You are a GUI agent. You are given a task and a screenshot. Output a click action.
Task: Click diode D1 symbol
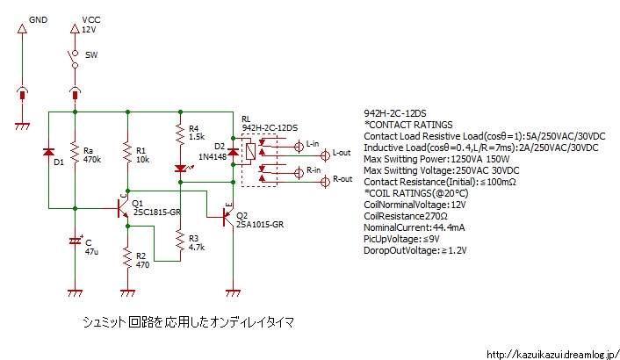pos(49,153)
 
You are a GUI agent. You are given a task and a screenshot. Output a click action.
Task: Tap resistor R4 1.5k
pos(180,134)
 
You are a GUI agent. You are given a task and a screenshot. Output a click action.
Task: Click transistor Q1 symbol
pos(123,208)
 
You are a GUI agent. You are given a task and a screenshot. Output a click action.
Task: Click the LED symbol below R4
pos(180,168)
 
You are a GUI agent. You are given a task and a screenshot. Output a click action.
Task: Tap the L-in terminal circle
pos(299,144)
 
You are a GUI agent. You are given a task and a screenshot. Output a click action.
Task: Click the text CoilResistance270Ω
pos(405,215)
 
